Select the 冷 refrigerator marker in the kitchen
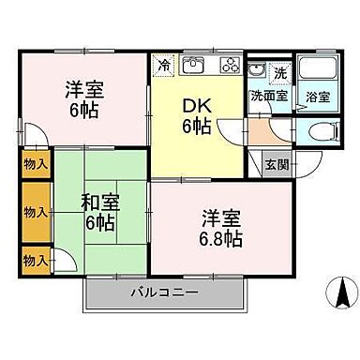tap(164, 66)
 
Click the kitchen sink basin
tap(194, 67)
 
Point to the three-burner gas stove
tap(230, 66)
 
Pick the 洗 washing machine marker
tap(278, 72)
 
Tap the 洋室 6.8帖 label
tap(221, 229)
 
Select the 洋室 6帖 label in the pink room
tap(84, 99)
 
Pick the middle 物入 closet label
tap(36, 212)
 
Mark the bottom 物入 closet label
tap(36, 258)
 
